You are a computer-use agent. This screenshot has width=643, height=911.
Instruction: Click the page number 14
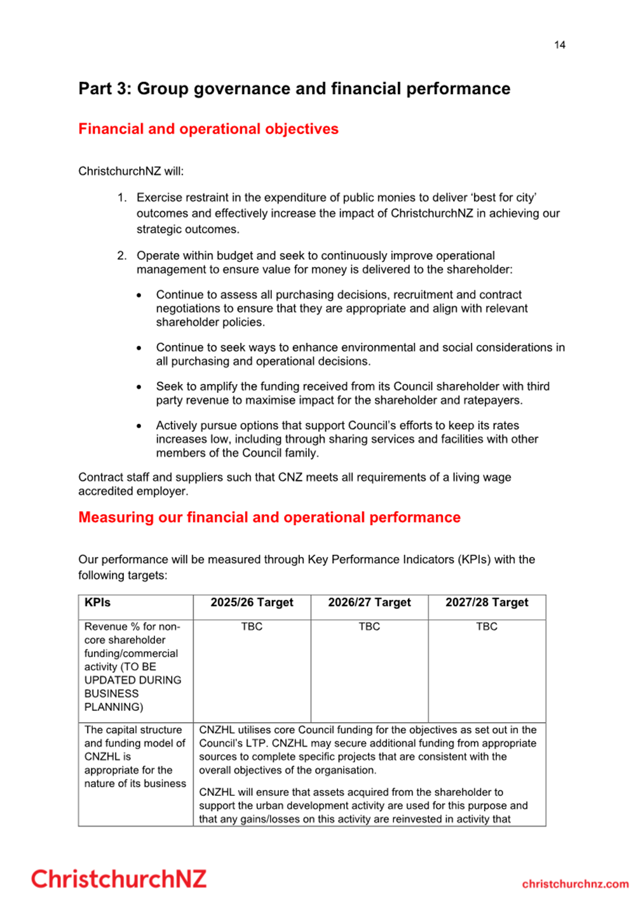tap(559, 45)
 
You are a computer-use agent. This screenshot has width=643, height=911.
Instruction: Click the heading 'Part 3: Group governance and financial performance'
tap(294, 88)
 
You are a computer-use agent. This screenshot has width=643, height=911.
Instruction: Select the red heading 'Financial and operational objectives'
tap(208, 129)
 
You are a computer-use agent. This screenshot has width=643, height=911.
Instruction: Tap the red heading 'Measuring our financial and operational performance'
tap(269, 517)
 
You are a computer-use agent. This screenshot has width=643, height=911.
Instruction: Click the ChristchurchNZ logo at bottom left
tap(119, 879)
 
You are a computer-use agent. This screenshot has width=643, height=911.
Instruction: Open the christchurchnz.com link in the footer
tap(575, 884)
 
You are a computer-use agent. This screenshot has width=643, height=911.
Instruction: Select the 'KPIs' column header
tap(97, 602)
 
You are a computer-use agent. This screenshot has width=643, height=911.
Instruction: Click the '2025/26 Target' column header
tap(252, 602)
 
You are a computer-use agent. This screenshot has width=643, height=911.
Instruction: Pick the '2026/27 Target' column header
tap(369, 602)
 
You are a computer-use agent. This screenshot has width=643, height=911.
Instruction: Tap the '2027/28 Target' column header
tap(487, 602)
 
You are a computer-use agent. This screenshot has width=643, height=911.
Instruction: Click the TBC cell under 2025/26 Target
tap(252, 626)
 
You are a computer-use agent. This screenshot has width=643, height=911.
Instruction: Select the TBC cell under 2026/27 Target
tap(369, 626)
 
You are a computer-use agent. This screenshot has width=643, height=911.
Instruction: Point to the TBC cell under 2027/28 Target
tap(487, 626)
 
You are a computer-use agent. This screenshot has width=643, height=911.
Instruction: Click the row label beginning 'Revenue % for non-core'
tap(133, 666)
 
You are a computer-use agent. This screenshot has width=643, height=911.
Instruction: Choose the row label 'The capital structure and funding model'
tap(135, 757)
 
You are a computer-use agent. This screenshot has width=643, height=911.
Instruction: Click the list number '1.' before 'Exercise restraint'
tap(122, 198)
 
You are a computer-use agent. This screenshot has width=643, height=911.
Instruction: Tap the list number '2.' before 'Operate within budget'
tap(122, 256)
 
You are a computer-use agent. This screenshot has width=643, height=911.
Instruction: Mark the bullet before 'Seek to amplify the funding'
tap(139, 387)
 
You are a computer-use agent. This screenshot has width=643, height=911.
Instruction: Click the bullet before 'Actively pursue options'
tap(139, 426)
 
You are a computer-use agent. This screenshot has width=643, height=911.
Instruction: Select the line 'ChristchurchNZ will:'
tap(131, 171)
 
